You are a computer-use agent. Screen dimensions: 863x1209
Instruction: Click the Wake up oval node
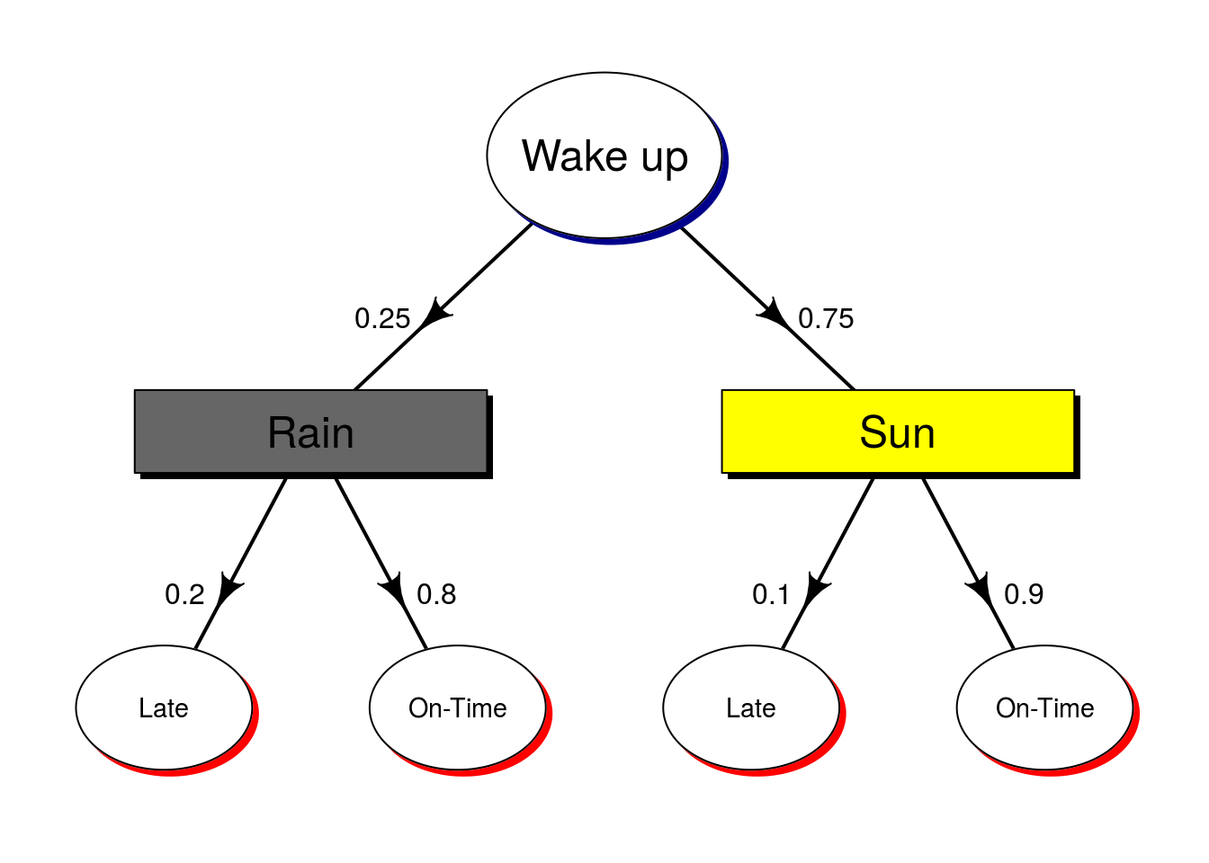[x=604, y=156]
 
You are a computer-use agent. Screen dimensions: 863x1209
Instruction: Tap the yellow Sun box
[x=898, y=431]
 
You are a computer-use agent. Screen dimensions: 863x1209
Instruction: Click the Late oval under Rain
[x=164, y=707]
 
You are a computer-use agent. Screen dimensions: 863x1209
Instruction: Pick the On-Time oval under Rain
[x=457, y=707]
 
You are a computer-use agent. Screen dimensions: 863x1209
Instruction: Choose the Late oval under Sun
[x=751, y=707]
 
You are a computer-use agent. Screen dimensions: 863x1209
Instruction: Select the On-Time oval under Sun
[x=1044, y=707]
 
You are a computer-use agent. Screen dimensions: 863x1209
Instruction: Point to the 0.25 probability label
[x=382, y=319]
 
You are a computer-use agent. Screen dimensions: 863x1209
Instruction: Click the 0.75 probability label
[x=826, y=319]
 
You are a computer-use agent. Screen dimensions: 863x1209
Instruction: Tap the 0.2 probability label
[x=184, y=595]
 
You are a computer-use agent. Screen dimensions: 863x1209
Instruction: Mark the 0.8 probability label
[x=436, y=595]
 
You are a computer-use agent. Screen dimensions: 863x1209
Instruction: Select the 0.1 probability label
[x=771, y=595]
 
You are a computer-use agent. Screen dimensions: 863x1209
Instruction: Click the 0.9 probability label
[x=1024, y=595]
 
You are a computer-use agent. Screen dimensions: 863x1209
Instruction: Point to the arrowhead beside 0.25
[x=436, y=313]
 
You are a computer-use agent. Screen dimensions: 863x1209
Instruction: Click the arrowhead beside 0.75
[x=774, y=313]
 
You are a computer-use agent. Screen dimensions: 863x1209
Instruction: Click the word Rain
[x=310, y=432]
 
